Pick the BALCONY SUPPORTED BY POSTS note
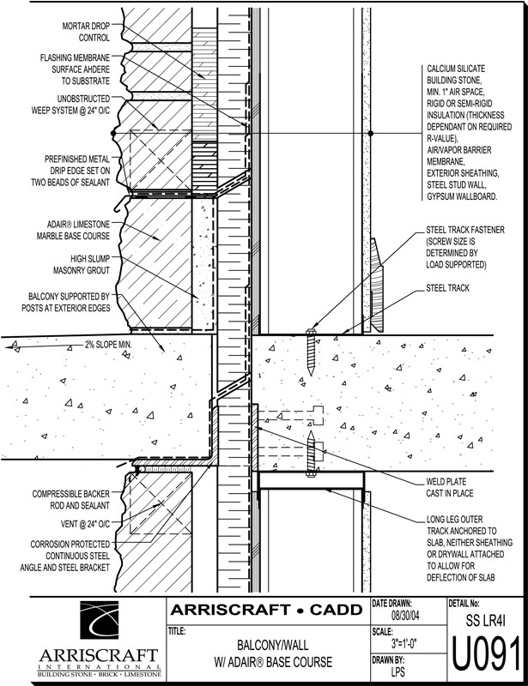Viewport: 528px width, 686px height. pos(70,302)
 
